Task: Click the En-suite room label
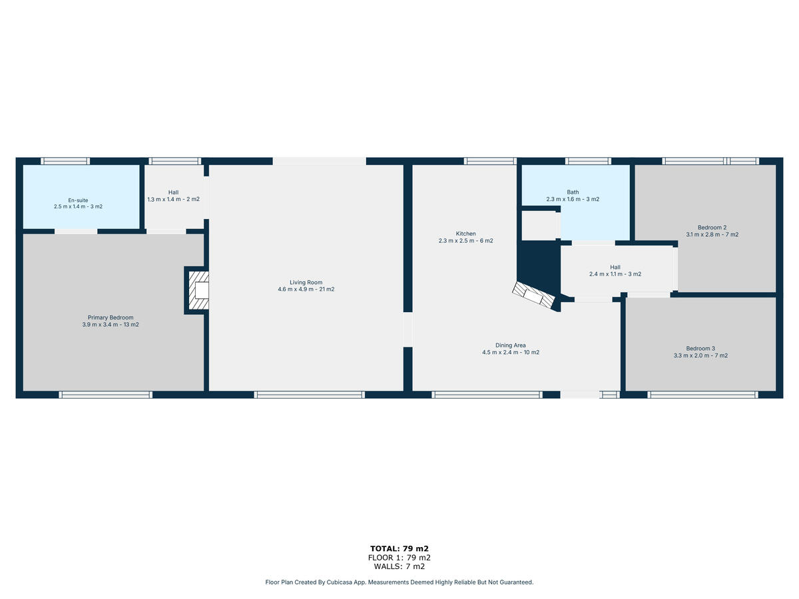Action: click(x=79, y=203)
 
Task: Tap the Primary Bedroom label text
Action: click(x=111, y=321)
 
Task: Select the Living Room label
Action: click(x=306, y=286)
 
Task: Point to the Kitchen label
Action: click(x=466, y=237)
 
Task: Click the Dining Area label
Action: click(x=511, y=349)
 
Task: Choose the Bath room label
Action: click(x=573, y=196)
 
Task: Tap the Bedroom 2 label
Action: click(x=712, y=231)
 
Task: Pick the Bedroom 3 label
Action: click(x=700, y=352)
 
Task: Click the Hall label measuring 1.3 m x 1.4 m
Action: click(x=174, y=196)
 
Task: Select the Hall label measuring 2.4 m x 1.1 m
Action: click(x=615, y=271)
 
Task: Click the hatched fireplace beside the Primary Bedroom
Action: click(x=198, y=290)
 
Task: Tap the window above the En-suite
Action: click(x=65, y=161)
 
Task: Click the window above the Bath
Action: click(x=588, y=161)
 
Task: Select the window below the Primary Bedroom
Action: click(x=106, y=395)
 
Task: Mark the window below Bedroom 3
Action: click(x=702, y=395)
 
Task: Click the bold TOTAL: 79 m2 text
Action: click(x=400, y=549)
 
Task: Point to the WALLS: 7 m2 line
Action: click(x=400, y=566)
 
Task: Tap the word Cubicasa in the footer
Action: click(x=340, y=582)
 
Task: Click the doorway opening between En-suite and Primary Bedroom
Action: click(x=76, y=232)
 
